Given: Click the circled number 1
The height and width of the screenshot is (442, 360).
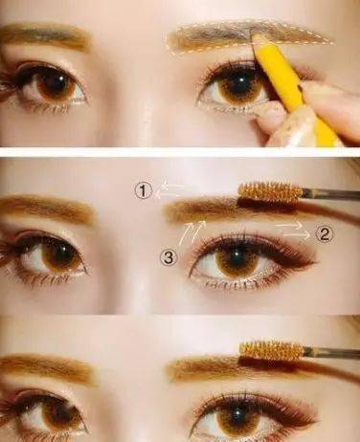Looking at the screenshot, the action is [x=143, y=191].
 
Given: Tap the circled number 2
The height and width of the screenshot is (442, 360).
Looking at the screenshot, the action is [x=324, y=234].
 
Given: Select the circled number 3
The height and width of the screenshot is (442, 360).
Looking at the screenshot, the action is [x=169, y=257].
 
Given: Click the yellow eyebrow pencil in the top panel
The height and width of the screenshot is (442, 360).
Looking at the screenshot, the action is [x=294, y=93].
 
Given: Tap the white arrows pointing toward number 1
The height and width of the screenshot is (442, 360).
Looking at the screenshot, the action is [x=169, y=189].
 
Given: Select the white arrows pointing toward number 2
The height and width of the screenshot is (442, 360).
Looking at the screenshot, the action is [x=293, y=231].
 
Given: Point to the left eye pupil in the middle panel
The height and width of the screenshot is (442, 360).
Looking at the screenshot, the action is [x=61, y=255].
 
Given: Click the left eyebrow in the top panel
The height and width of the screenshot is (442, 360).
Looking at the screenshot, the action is [x=45, y=35].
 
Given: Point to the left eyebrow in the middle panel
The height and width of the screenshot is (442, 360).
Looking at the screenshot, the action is [x=48, y=208].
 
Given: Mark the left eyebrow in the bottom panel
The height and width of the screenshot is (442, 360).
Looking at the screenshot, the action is [x=48, y=366].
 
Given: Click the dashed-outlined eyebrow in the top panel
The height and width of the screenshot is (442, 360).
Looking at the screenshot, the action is [x=249, y=37].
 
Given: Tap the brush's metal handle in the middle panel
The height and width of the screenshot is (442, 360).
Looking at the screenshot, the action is [x=331, y=194].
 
